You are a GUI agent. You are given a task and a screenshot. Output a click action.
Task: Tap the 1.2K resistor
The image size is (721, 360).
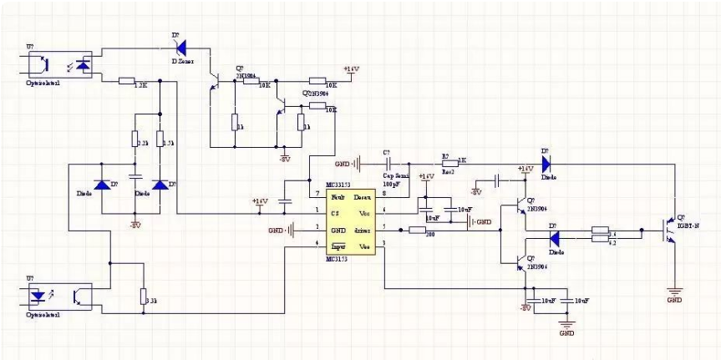coord(127,81)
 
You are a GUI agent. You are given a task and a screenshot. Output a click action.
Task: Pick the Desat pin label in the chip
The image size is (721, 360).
coord(362,197)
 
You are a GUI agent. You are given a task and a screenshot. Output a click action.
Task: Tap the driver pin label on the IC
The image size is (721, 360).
coord(362,229)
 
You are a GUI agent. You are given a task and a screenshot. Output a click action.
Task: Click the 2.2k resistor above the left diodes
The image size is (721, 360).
coord(136,139)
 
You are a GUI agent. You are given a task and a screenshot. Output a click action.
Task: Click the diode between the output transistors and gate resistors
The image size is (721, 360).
coord(555,236)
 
